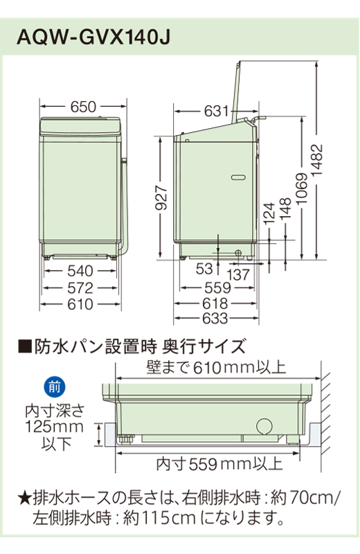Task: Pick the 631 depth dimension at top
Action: coord(215,110)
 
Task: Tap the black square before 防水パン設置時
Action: coord(23,345)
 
